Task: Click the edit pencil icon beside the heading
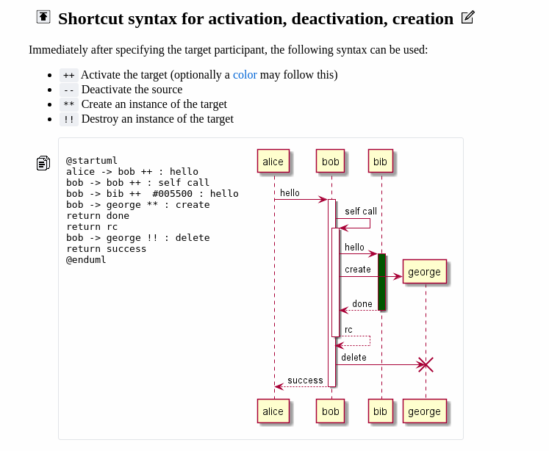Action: (x=467, y=18)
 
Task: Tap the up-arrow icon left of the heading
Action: (x=43, y=17)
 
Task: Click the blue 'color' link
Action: (x=245, y=75)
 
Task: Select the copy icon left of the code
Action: (x=43, y=163)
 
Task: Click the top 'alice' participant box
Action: (x=273, y=162)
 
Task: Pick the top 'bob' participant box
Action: (x=331, y=162)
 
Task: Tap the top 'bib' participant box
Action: (x=380, y=162)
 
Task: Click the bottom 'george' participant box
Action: (x=424, y=411)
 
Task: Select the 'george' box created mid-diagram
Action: (x=424, y=272)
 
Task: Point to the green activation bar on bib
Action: (x=381, y=281)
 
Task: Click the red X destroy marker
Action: (x=426, y=364)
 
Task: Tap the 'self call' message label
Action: (x=360, y=212)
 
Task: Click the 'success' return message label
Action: (x=305, y=380)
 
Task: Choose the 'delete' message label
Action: (x=354, y=358)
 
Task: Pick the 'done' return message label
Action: (x=362, y=304)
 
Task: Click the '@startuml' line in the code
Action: (x=92, y=160)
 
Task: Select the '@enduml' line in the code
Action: (x=86, y=260)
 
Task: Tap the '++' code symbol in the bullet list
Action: (x=69, y=75)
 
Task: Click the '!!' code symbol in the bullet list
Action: (x=69, y=119)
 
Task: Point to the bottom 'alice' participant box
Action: (x=273, y=411)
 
